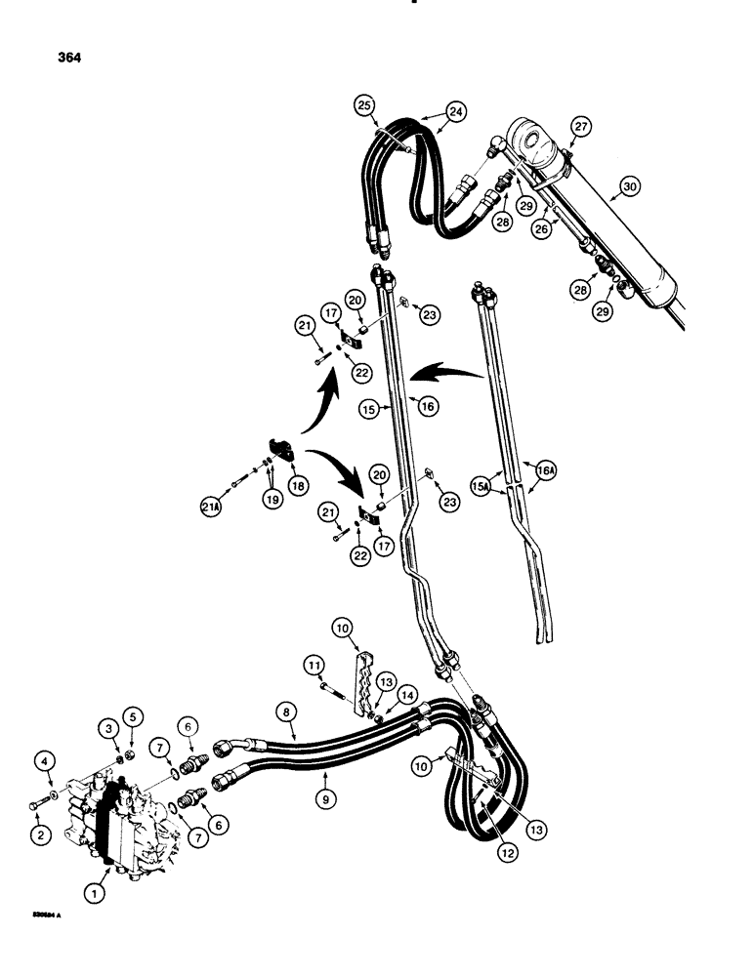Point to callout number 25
(363, 104)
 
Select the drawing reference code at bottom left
(45, 915)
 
